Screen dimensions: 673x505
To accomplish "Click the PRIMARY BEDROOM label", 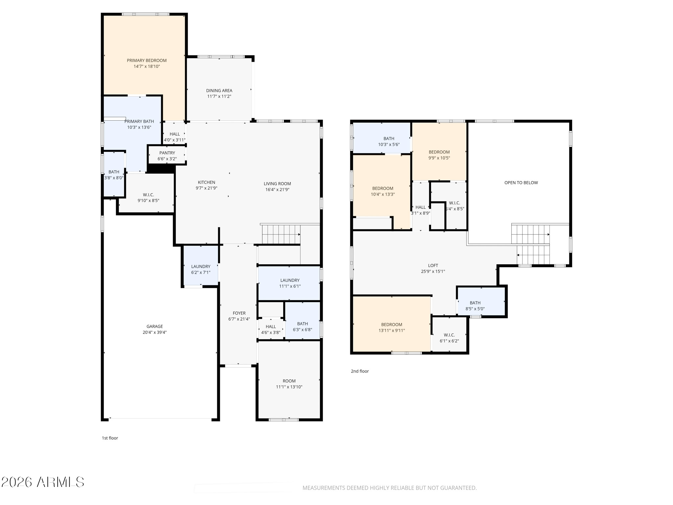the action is pyautogui.click(x=147, y=60).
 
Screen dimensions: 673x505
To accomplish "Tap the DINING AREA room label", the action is pyautogui.click(x=219, y=91).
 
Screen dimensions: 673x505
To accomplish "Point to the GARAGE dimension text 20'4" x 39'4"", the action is pyautogui.click(x=154, y=332).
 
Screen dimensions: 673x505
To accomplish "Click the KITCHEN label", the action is pyautogui.click(x=206, y=182).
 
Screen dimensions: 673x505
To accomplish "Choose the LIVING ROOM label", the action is pyautogui.click(x=277, y=184).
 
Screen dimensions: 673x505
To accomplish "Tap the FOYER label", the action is pyautogui.click(x=239, y=313).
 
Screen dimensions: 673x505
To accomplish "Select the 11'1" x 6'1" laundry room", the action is pyautogui.click(x=289, y=283).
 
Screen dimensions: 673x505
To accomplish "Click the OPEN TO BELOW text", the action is pyautogui.click(x=521, y=183).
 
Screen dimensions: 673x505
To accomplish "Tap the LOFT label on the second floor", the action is pyautogui.click(x=433, y=266).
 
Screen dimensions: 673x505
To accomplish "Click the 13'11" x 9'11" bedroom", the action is pyautogui.click(x=392, y=325).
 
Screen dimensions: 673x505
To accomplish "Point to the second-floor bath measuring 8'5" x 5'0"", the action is pyautogui.click(x=481, y=302).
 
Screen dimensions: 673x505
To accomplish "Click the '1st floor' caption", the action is pyautogui.click(x=110, y=438).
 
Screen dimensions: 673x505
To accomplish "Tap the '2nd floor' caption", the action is pyautogui.click(x=360, y=371).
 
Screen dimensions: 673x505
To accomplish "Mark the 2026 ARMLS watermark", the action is pyautogui.click(x=43, y=482).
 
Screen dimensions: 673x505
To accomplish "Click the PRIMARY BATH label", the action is pyautogui.click(x=139, y=122).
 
